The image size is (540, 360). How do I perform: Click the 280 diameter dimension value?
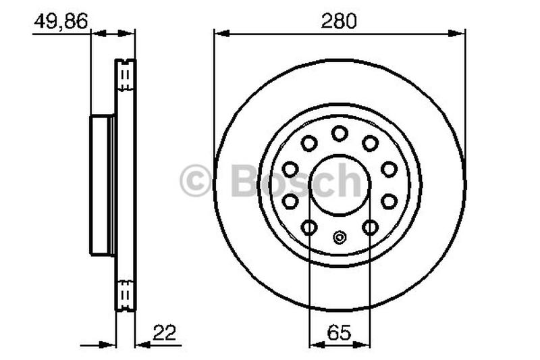[339, 21]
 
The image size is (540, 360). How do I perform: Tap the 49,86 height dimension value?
[61, 22]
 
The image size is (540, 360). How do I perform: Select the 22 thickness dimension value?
[164, 332]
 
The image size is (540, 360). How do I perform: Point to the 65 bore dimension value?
[340, 332]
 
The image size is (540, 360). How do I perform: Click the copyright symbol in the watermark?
[195, 180]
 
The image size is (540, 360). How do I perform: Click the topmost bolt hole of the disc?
[340, 133]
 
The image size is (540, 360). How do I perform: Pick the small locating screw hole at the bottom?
[340, 237]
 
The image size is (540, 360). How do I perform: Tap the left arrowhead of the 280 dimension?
[222, 33]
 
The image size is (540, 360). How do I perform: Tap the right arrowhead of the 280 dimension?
[457, 33]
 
